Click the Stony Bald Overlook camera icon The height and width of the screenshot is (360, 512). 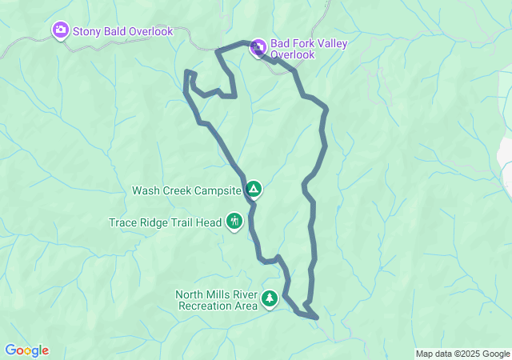60,31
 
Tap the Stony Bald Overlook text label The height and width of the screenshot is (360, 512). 122,31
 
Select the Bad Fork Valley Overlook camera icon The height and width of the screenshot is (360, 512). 258,48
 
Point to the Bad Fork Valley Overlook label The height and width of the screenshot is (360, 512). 309,49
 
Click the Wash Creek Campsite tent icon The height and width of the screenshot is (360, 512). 254,190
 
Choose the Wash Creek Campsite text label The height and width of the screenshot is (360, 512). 186,190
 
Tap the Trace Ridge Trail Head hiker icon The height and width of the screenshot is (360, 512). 234,221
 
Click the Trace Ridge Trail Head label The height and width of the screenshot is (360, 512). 165,222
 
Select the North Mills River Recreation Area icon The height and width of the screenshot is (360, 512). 270,299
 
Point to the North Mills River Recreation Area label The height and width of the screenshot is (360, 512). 217,300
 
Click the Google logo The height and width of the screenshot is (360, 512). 26,350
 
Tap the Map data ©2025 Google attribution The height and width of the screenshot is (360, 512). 462,354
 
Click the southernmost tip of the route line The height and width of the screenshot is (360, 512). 318,318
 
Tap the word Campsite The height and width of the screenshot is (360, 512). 217,190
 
